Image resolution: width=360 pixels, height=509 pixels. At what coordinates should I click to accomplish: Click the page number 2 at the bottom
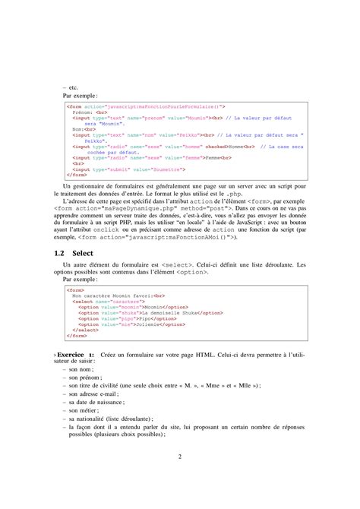[x=180, y=457]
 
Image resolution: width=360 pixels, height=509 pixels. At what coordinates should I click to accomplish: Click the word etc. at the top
[x=73, y=88]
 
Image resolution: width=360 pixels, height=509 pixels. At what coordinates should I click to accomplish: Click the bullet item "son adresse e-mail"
[x=95, y=395]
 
